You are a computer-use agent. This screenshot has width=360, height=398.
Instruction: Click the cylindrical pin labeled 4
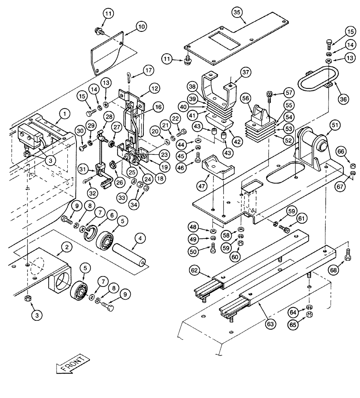tap(129, 256)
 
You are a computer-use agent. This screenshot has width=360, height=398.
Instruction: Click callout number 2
tap(68, 247)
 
